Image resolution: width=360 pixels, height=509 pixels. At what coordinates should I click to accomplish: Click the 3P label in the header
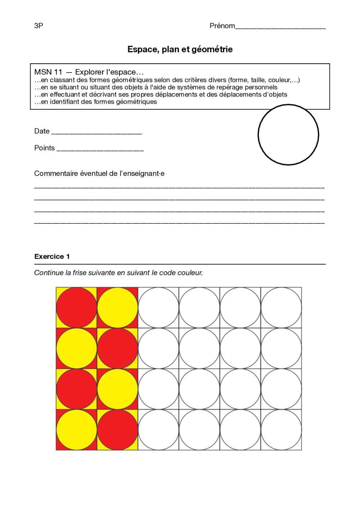click(x=39, y=26)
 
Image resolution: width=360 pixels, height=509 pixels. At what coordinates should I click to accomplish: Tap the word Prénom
click(x=222, y=26)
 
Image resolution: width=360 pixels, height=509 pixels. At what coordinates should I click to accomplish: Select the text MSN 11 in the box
click(x=48, y=72)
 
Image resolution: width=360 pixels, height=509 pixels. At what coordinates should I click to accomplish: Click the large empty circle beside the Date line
click(x=288, y=135)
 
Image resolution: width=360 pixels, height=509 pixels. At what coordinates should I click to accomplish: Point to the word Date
click(x=42, y=131)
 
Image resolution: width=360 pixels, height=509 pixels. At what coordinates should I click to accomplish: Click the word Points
click(x=44, y=148)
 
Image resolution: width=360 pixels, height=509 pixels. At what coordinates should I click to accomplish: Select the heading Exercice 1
click(x=52, y=256)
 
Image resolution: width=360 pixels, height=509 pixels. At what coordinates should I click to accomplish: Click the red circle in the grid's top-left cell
click(x=76, y=308)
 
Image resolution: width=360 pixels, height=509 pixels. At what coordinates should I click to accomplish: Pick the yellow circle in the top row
click(x=117, y=308)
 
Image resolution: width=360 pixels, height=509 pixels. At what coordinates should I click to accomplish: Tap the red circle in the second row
click(x=117, y=348)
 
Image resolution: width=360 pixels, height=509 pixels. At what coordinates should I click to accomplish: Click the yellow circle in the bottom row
click(x=76, y=430)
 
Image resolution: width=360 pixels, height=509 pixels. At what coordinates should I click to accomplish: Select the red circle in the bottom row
click(x=117, y=430)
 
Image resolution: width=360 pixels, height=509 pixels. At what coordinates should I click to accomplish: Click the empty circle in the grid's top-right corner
click(x=281, y=308)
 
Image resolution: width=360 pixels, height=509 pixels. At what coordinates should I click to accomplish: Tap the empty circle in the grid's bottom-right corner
click(x=281, y=430)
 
